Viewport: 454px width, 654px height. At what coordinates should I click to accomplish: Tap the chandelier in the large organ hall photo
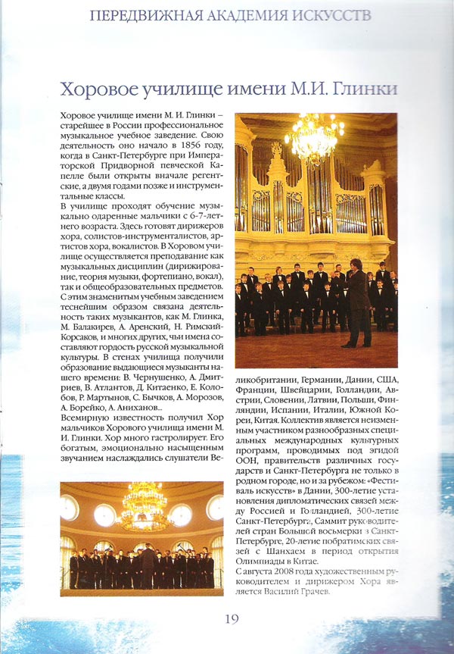click(313, 141)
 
